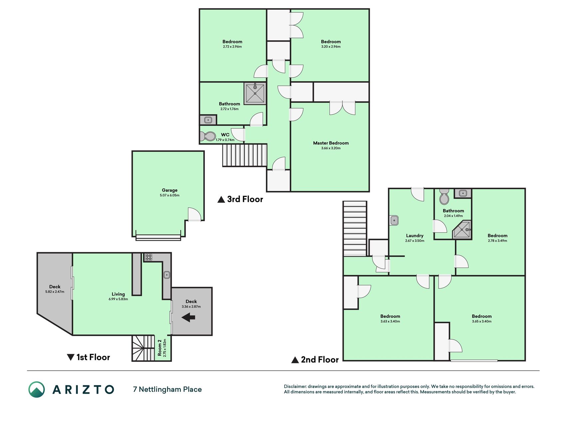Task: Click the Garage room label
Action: point(170,190)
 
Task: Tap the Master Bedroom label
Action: point(331,143)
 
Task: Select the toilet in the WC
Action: point(208,136)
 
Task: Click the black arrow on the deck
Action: point(188,318)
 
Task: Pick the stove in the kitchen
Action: point(149,257)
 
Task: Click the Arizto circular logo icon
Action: point(37,389)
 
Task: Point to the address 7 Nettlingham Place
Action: point(167,389)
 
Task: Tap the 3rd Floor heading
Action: point(240,199)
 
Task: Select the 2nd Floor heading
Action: point(315,360)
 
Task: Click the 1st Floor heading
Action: point(89,357)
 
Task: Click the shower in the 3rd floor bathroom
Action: point(255,94)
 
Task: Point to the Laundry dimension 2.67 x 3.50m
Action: point(415,241)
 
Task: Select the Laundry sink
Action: point(394,220)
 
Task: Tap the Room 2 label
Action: point(160,348)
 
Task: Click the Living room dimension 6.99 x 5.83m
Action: point(118,299)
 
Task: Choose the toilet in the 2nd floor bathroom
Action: point(444,197)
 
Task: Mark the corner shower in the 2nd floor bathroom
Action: point(462,230)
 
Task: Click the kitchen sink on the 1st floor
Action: point(167,275)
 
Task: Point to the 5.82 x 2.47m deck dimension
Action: point(55,292)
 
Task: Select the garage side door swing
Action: point(195,214)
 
